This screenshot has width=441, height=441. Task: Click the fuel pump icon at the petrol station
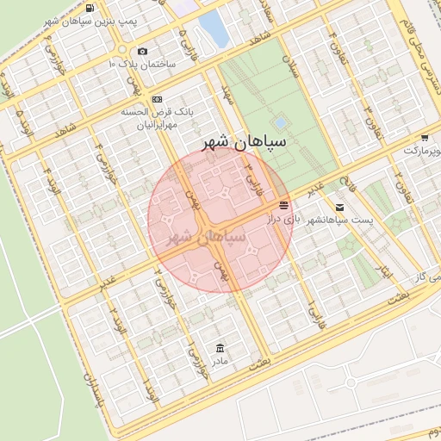point(90,9)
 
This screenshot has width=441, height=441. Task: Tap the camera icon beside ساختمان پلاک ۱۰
point(143,51)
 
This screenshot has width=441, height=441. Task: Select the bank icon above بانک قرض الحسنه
point(157,100)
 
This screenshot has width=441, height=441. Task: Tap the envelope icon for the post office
point(340,207)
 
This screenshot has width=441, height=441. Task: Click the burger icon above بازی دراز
point(283,204)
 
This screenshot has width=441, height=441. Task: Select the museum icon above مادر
point(221,347)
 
